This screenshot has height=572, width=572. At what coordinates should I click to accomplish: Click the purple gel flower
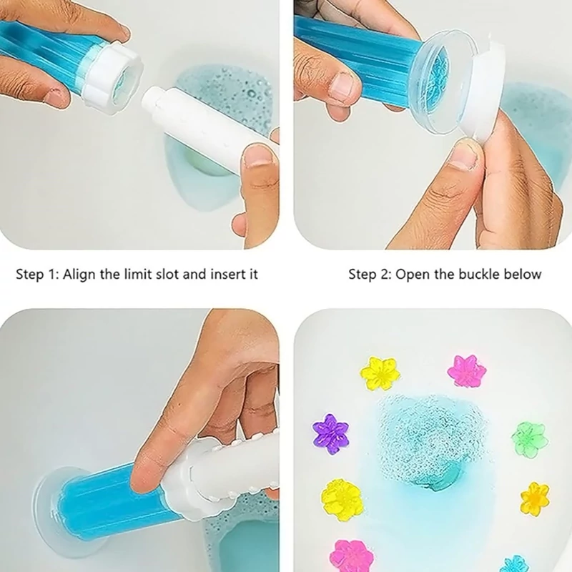click(330, 434)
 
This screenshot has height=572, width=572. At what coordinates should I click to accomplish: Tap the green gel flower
click(529, 439)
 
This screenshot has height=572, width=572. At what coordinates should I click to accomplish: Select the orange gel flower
click(535, 499)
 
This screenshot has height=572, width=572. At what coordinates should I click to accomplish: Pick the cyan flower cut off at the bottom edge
click(515, 564)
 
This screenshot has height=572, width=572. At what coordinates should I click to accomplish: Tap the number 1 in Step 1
click(51, 275)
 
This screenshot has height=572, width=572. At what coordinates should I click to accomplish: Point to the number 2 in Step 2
click(385, 275)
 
